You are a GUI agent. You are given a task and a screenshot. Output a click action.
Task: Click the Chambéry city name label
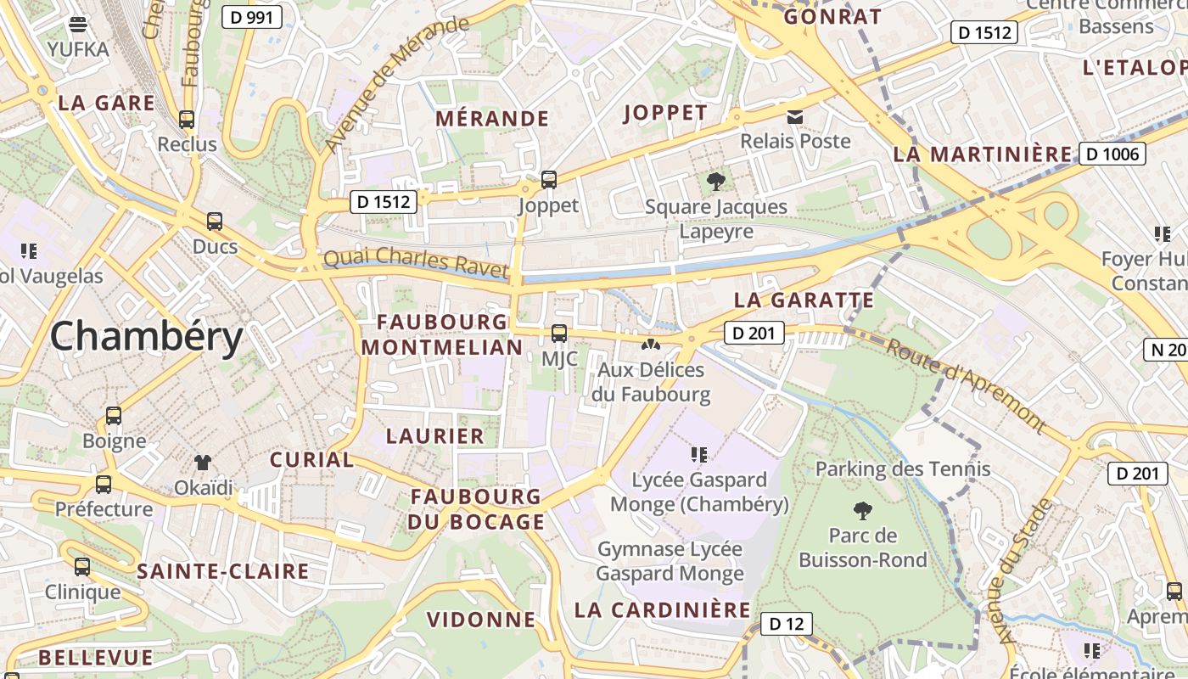pyautogui.click(x=147, y=337)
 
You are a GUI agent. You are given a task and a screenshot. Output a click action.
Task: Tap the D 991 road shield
pyautogui.click(x=251, y=16)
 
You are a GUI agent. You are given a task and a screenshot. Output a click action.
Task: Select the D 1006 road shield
pyautogui.click(x=1112, y=154)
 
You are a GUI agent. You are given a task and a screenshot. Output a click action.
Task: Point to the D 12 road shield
pyautogui.click(x=785, y=624)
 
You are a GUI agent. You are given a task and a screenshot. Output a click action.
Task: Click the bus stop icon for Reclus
pyautogui.click(x=187, y=120)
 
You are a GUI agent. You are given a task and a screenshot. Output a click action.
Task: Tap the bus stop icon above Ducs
pyautogui.click(x=215, y=222)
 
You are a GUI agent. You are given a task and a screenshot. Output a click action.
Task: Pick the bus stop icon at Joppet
pyautogui.click(x=549, y=180)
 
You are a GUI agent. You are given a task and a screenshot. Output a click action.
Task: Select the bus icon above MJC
pyautogui.click(x=558, y=333)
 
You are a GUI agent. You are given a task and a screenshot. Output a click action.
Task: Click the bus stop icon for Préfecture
pyautogui.click(x=104, y=485)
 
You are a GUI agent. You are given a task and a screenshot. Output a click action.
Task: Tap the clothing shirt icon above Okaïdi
pyautogui.click(x=203, y=463)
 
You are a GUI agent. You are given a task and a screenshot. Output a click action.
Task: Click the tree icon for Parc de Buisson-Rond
pyautogui.click(x=863, y=511)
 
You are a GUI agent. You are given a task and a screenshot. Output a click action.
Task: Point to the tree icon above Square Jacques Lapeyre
pyautogui.click(x=716, y=181)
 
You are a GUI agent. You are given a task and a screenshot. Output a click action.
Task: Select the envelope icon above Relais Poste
pyautogui.click(x=795, y=116)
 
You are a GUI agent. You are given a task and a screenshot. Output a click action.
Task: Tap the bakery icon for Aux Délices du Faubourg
pyautogui.click(x=651, y=345)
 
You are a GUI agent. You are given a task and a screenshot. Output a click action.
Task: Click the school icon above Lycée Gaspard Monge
pyautogui.click(x=699, y=455)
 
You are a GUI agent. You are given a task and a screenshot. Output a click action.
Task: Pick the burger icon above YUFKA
pyautogui.click(x=78, y=24)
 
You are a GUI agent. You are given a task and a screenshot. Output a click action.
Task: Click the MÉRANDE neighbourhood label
pyautogui.click(x=492, y=119)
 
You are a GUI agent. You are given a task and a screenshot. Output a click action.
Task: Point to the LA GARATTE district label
pyautogui.click(x=804, y=300)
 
